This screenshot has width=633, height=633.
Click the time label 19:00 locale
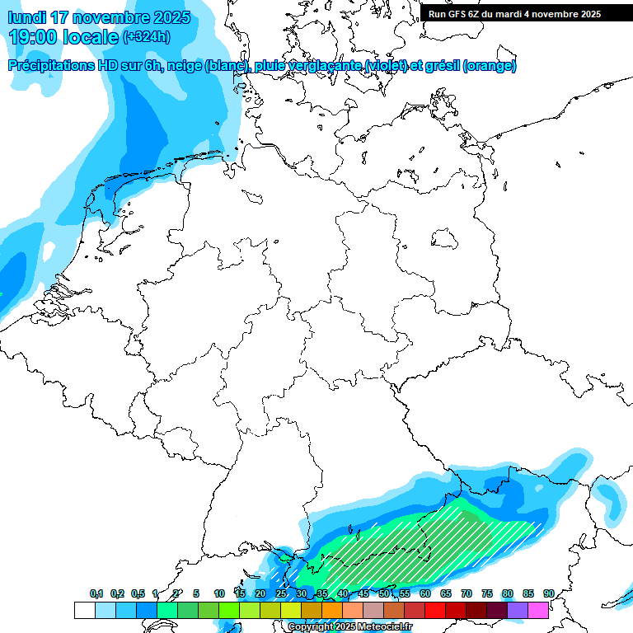63,36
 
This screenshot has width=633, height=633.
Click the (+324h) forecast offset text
146,37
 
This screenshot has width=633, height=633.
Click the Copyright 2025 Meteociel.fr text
350,627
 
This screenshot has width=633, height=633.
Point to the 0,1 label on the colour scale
96,593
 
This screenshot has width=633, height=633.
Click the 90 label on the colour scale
548,593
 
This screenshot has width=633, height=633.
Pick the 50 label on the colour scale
384,593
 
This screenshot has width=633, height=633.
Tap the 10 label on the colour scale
219,593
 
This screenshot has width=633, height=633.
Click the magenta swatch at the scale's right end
538,610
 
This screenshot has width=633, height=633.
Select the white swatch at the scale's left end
84,610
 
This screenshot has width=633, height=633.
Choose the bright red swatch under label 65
435,610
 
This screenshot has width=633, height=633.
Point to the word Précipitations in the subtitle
51,66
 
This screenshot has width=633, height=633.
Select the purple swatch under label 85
518,610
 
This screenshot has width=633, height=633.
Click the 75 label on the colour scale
486,593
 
